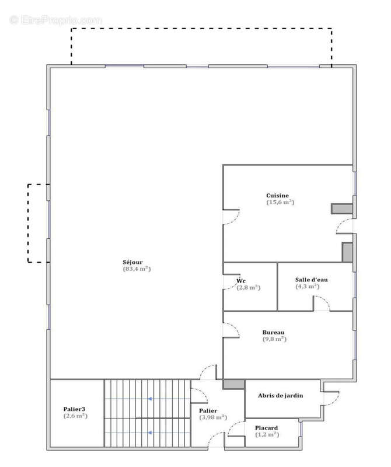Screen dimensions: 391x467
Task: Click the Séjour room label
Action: (132, 262)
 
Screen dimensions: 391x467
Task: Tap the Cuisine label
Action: (277, 196)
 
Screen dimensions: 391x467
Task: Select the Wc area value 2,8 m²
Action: (249, 288)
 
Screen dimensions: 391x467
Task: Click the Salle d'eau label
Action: (311, 280)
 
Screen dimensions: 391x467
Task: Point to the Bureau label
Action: (273, 332)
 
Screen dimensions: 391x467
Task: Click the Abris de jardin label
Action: (280, 396)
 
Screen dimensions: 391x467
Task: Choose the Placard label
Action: (266, 428)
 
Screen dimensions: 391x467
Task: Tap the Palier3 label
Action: (74, 409)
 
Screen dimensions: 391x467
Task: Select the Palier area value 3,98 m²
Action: (213, 417)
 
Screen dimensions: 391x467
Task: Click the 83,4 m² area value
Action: (137, 269)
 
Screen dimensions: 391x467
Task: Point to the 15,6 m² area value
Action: (280, 202)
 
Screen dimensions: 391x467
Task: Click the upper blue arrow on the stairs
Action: (151, 399)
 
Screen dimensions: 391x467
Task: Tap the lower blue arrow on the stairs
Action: (151, 433)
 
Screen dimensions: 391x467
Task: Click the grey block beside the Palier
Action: (234, 384)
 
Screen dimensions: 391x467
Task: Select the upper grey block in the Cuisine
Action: (342, 209)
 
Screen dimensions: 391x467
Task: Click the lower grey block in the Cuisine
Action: (347, 253)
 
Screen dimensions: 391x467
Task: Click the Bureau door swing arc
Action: (235, 326)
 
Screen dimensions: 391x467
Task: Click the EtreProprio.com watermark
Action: (55, 20)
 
